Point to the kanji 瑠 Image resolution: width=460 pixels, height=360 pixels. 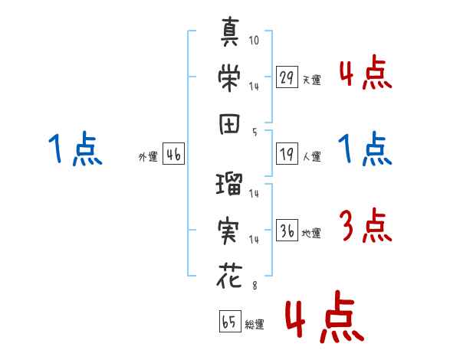(x=230, y=185)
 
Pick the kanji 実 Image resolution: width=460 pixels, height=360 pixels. (x=230, y=231)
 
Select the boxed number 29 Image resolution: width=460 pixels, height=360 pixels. (x=286, y=77)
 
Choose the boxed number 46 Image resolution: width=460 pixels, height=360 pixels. (x=173, y=155)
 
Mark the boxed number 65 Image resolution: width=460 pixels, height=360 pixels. (x=229, y=322)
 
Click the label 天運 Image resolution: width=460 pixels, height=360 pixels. (x=311, y=80)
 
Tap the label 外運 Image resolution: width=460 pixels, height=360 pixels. (x=147, y=157)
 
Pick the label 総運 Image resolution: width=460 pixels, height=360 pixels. (x=255, y=324)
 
